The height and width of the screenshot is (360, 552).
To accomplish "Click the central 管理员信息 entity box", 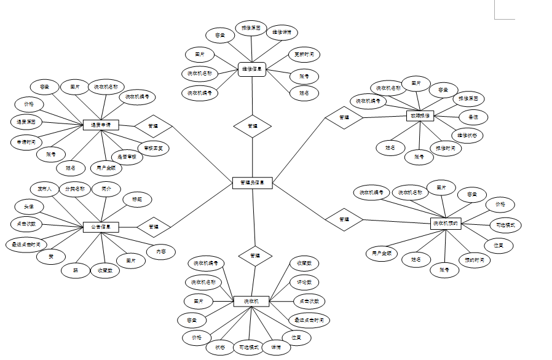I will click(x=253, y=182).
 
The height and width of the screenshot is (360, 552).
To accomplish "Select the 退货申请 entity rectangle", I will click(x=100, y=125).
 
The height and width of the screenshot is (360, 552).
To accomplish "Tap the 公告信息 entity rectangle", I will click(x=100, y=227).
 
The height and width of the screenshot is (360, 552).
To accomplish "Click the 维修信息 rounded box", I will click(x=252, y=69).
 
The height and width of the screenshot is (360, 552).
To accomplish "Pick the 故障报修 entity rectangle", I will click(x=420, y=115).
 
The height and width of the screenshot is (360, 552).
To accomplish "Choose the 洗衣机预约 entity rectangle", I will click(x=446, y=223).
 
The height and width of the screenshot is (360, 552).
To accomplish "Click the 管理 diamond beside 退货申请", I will click(x=152, y=125).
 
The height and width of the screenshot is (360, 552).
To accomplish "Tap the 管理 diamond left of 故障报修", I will click(x=344, y=117).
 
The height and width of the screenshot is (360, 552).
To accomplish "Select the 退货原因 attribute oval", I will click(x=26, y=122).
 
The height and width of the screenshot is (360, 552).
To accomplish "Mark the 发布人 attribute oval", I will click(x=44, y=189).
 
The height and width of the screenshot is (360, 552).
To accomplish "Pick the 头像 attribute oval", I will click(x=29, y=206).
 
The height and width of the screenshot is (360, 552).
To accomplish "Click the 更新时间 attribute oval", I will click(x=304, y=55).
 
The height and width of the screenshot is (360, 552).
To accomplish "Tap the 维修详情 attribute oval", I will click(x=282, y=32).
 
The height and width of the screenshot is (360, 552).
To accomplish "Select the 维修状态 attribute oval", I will click(x=467, y=135).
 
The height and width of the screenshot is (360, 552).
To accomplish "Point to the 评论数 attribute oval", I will click(x=304, y=283).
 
